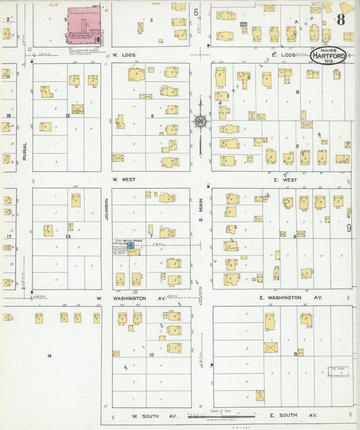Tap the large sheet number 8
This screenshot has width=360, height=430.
tap(341, 19)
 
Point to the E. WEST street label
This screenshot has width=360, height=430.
tap(286, 180)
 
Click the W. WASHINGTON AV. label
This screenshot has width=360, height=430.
tap(130, 297)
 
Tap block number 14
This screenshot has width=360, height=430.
tap(49, 355)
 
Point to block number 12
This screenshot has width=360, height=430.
tap(68, 116)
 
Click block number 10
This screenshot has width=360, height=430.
tap(153, 354)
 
